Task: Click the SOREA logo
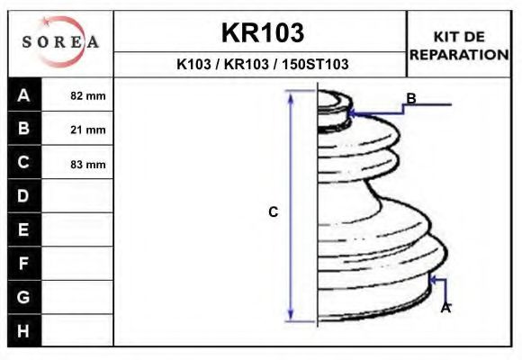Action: [60, 42]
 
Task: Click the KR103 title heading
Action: [262, 33]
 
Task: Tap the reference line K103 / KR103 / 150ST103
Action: [262, 65]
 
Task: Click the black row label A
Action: [23, 94]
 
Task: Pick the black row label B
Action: [23, 129]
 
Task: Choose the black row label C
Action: [23, 163]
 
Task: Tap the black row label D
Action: [23, 196]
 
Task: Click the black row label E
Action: [23, 230]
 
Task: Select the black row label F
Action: [23, 264]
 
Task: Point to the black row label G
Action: [23, 297]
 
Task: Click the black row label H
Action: [23, 330]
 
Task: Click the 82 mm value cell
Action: [88, 95]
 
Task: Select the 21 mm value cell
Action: [88, 130]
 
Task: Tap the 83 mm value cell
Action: [88, 164]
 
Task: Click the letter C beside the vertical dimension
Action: [274, 211]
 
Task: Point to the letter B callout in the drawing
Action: [410, 98]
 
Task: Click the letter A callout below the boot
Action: [445, 308]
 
